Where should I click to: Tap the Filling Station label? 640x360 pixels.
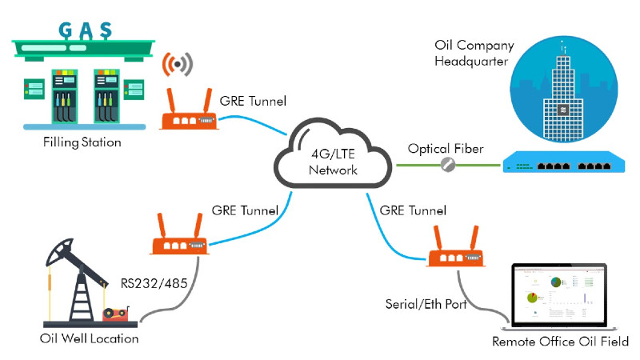point(83,143)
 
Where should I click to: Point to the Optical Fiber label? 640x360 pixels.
point(445,149)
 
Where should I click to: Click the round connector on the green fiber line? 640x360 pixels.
point(450,165)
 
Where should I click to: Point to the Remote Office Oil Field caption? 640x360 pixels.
point(561,342)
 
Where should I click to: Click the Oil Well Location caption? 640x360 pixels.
point(89,339)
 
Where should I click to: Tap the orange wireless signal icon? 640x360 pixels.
point(178,65)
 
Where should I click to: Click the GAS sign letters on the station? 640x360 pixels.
point(83,30)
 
